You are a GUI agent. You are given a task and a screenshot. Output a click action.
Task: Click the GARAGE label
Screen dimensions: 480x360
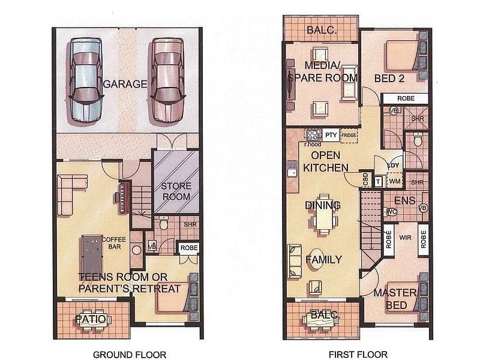click(x=125, y=83)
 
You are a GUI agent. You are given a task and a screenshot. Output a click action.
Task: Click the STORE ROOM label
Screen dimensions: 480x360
click(x=176, y=191)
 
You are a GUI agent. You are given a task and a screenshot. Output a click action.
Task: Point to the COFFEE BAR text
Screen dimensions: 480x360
click(x=113, y=243)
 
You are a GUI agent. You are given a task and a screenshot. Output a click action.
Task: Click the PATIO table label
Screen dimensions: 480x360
click(x=91, y=319)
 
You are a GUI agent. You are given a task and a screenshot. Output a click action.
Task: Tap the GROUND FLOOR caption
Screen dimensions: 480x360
click(x=130, y=355)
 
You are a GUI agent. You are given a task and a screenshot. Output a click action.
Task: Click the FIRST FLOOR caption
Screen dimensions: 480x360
click(x=358, y=355)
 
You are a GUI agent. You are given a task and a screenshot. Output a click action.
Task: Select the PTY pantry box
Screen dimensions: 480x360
click(x=331, y=135)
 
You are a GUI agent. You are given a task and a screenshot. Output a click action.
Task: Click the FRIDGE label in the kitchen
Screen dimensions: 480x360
click(x=349, y=136)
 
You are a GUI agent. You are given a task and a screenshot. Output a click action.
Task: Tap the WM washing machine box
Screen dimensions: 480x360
click(x=395, y=181)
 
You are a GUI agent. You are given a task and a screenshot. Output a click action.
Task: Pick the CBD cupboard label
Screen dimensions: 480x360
click(x=365, y=179)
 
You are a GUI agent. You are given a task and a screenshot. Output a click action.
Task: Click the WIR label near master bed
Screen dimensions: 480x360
click(x=406, y=238)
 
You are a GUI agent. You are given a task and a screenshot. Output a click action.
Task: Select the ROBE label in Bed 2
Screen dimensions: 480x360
click(x=406, y=98)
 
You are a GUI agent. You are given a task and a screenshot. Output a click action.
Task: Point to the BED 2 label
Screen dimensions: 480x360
click(x=389, y=79)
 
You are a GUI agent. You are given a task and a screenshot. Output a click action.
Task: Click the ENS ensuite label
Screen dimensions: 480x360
click(x=404, y=201)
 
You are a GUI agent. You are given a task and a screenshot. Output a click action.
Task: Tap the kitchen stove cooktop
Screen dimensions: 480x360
click(x=313, y=135)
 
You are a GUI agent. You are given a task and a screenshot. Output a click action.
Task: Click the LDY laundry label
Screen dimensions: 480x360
click(x=394, y=166)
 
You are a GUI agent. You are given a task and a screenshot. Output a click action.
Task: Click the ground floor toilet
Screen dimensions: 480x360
click(x=163, y=223)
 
